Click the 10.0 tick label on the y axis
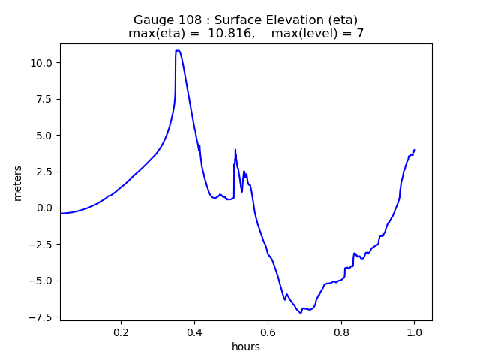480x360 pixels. [x=42, y=63]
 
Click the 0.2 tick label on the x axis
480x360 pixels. [x=121, y=331]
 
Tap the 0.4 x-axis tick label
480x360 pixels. [x=194, y=331]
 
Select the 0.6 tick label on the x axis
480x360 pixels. [x=268, y=331]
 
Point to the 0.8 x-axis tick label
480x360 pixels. [x=341, y=331]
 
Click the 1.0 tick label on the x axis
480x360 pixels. [x=414, y=331]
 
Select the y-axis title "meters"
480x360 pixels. [x=17, y=183]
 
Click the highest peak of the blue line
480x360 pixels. [x=178, y=51]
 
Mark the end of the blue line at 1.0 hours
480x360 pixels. [x=414, y=150]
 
